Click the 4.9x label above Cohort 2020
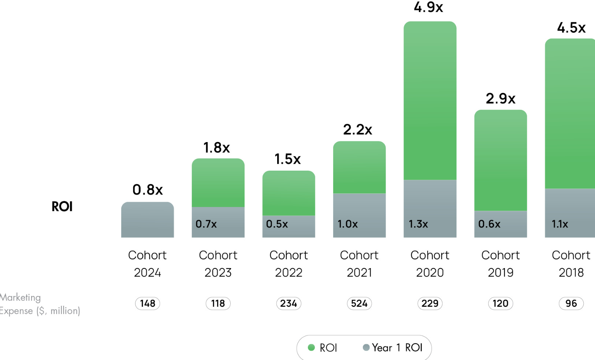point(428,7)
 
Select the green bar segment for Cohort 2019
point(501,160)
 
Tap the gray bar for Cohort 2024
point(148,220)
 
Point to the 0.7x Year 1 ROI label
point(206,224)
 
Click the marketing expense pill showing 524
point(359,303)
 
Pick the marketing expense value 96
point(571,303)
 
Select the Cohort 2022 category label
point(289,264)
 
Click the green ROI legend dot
point(311,348)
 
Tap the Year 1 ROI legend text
point(397,348)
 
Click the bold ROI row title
point(62,207)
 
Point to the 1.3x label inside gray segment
point(418,224)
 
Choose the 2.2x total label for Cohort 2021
point(358,130)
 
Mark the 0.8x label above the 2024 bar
point(148,190)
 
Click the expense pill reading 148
point(148,303)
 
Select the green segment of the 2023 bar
point(218,182)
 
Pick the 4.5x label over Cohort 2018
point(571,28)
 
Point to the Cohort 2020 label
point(430,264)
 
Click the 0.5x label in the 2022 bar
point(277,224)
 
